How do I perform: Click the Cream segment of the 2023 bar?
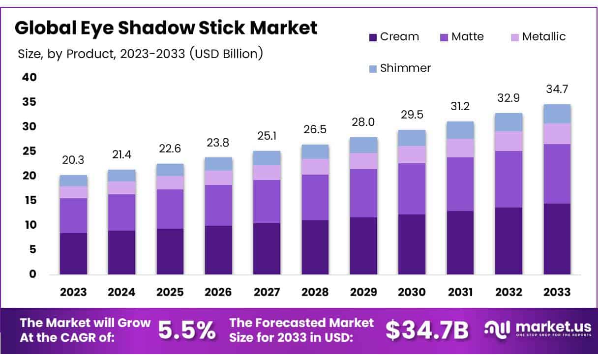(73, 253)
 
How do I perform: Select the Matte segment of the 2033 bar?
(557, 174)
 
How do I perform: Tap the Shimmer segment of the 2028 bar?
(315, 151)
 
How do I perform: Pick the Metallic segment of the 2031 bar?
(460, 148)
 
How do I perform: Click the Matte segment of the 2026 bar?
(218, 205)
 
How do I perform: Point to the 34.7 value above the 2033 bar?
(557, 90)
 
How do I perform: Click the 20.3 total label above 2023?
(73, 160)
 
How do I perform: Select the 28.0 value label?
(363, 122)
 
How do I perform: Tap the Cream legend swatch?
(373, 37)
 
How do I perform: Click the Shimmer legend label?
(405, 68)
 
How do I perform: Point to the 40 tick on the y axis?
(29, 77)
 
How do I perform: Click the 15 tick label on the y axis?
(29, 200)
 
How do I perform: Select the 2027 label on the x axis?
(267, 292)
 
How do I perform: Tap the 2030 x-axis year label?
(412, 292)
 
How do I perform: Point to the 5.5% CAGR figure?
(187, 330)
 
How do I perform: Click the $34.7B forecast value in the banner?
(427, 330)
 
